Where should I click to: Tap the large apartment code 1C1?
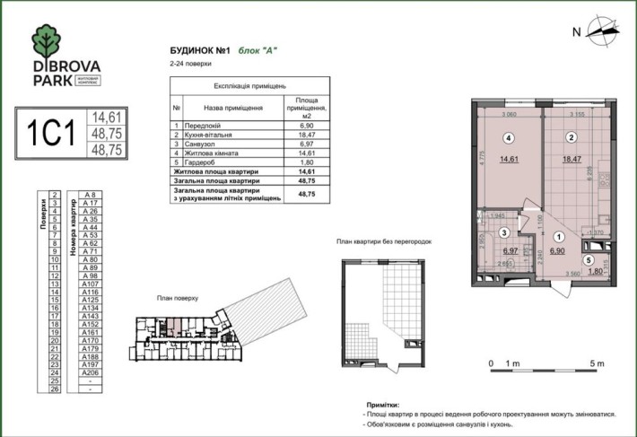(x=49, y=132)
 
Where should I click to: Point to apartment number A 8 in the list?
(x=90, y=195)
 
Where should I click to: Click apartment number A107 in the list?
(x=90, y=284)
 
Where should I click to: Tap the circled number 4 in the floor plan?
(x=508, y=139)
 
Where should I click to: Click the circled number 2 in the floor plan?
(x=570, y=139)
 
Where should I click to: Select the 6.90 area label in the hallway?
(x=558, y=255)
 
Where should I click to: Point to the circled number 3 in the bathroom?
(x=504, y=232)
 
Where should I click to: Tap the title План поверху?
(x=176, y=297)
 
